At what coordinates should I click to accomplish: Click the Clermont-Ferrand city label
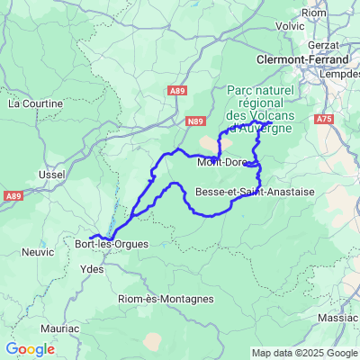click(x=303, y=60)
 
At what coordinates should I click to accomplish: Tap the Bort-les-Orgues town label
click(x=112, y=244)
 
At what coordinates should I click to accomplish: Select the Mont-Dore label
click(x=221, y=162)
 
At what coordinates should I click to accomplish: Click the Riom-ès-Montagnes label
click(x=166, y=299)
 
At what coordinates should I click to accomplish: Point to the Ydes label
click(x=92, y=268)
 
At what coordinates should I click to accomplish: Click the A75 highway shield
click(x=325, y=118)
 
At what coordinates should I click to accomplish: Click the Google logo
click(x=30, y=349)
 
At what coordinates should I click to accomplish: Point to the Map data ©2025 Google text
click(x=304, y=353)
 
